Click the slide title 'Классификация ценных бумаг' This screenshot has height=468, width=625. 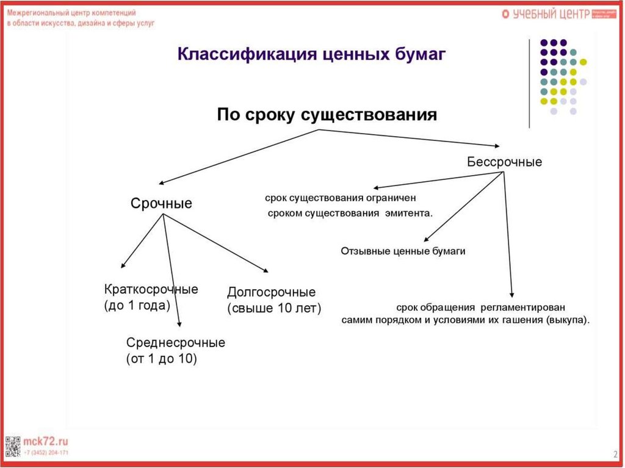(x=312, y=55)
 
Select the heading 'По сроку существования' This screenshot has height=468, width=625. (x=327, y=115)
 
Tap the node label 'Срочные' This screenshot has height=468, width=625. (x=161, y=204)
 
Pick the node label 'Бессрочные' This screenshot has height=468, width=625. (x=504, y=162)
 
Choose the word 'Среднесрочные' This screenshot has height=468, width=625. (x=175, y=343)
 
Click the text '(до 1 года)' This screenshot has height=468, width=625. (x=137, y=306)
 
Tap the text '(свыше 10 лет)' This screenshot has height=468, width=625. (x=273, y=308)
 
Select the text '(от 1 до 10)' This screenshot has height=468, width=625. (x=161, y=359)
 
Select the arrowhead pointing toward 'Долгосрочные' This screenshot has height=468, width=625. (x=266, y=270)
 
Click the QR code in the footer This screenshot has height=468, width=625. (x=12, y=447)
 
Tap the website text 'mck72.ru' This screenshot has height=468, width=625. (x=46, y=441)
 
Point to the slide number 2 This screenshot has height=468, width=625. (x=615, y=454)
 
